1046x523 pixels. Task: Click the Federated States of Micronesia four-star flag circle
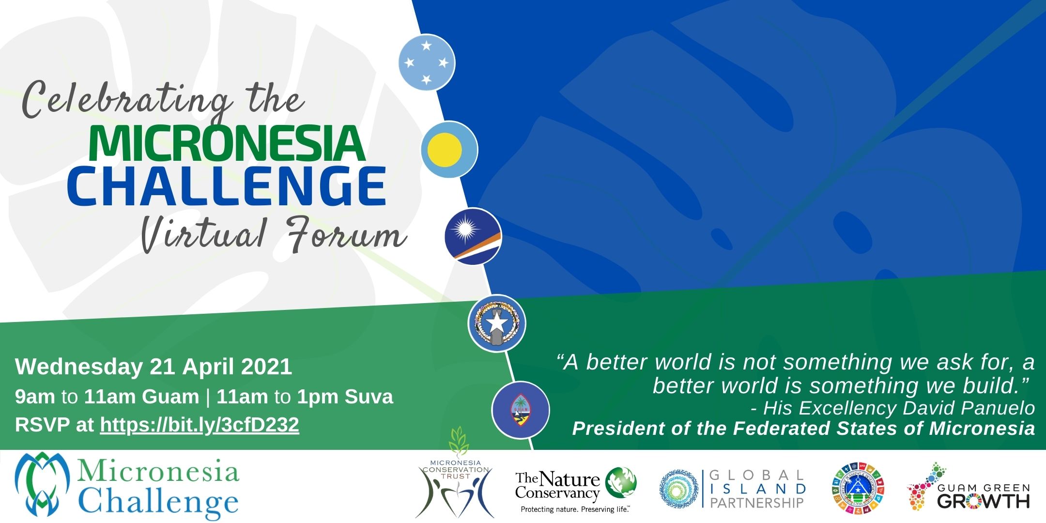coord(427,62)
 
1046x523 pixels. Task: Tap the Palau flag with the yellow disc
coord(449,149)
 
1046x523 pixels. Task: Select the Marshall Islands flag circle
coord(473,236)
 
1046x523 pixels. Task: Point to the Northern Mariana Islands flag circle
coord(496,323)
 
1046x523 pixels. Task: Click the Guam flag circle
coord(520,410)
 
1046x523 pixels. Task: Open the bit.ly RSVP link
coord(200,425)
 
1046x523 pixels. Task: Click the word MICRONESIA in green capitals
coord(227,143)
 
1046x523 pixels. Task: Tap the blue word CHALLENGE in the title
coord(227,186)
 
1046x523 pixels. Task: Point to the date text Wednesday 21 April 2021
coord(154,367)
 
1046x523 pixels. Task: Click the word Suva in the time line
coord(369,397)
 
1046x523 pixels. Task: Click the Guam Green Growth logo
coord(968,489)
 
